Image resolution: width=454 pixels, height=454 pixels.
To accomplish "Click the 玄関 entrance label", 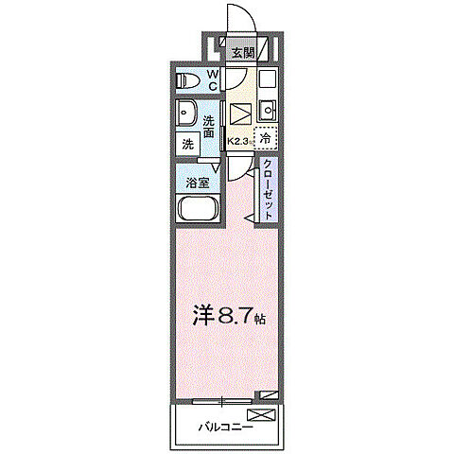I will click(242, 53).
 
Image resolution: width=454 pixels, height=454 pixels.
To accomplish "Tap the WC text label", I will click(213, 79).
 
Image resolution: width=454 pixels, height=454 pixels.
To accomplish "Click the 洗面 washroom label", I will click(212, 126).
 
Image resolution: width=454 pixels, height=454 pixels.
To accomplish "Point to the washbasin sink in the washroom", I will click(186, 112).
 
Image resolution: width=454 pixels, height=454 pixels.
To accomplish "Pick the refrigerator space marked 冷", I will click(266, 138).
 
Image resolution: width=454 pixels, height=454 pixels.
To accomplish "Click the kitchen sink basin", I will click(266, 107).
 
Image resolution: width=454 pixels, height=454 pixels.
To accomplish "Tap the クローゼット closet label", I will click(268, 190).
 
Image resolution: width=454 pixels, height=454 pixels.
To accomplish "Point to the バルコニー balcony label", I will click(224, 427).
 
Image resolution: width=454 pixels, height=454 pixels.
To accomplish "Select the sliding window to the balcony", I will click(222, 399).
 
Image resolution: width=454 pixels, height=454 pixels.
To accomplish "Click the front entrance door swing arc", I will click(242, 21).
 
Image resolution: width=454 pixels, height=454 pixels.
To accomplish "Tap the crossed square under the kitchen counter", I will click(239, 113).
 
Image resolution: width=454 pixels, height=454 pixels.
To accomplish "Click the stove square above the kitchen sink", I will click(266, 79).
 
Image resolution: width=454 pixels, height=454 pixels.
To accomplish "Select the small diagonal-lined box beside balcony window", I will click(271, 393).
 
